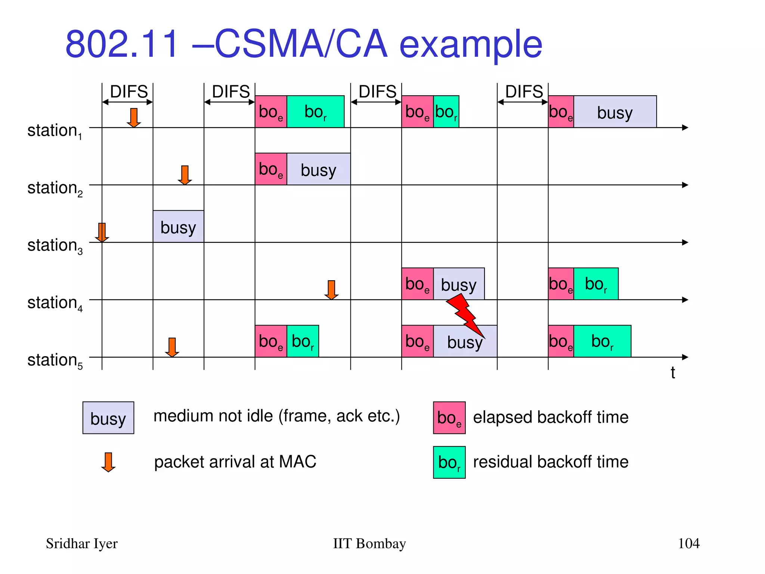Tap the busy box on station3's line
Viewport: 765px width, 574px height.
coord(178,226)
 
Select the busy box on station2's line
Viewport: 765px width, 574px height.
coord(318,169)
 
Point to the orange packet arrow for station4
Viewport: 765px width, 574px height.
coord(331,290)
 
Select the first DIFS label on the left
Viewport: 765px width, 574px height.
coord(129,92)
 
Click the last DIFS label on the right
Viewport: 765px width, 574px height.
coord(524,92)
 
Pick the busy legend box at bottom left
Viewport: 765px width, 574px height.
coord(108,418)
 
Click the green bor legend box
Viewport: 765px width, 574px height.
coord(449,462)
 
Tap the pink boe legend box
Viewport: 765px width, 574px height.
coord(449,418)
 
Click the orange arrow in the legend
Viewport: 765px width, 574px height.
coord(108,462)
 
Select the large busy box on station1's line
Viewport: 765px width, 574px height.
coord(614,112)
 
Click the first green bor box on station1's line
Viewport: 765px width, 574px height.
coord(315,112)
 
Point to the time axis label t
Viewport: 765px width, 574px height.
coord(672,373)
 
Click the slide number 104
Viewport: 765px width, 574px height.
coord(688,543)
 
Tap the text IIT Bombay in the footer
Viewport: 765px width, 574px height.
coord(369,544)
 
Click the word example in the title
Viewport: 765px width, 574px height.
coord(471,45)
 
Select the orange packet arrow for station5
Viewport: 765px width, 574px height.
coord(172,347)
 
